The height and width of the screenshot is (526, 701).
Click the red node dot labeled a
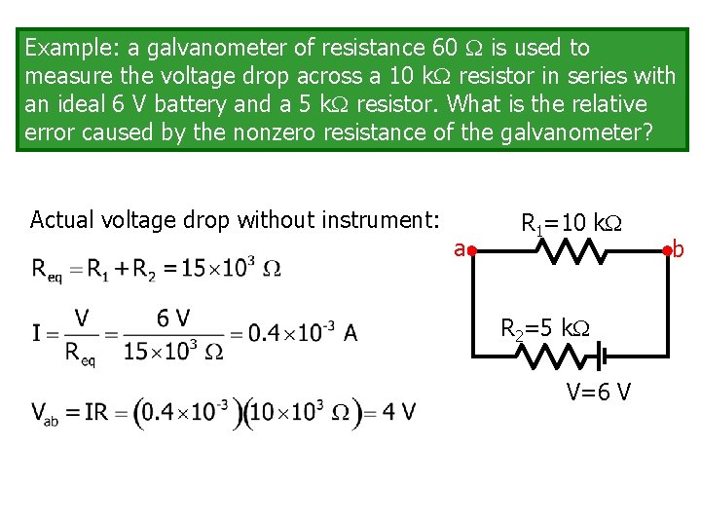click(469, 250)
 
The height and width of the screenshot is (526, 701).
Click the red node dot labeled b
click(668, 250)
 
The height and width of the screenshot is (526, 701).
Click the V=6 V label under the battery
click(599, 392)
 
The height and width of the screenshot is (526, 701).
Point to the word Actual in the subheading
click(60, 219)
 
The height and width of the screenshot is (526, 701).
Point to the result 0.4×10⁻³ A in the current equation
click(302, 333)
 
